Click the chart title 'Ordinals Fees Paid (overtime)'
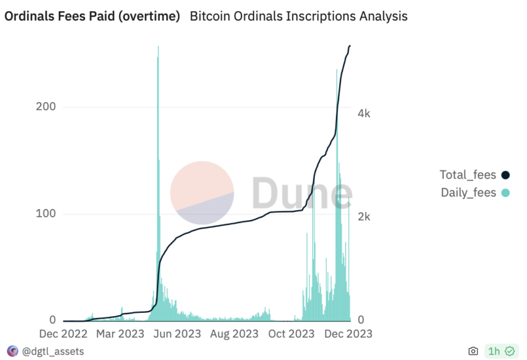[92, 16]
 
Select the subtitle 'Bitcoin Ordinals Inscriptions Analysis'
[298, 16]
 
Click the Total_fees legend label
[467, 175]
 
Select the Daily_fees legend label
[468, 192]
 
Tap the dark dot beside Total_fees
[505, 175]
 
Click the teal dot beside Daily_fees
[505, 193]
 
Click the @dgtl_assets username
[53, 351]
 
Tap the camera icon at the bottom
[473, 351]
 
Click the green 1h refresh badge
[500, 351]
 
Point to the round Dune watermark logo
[202, 192]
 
